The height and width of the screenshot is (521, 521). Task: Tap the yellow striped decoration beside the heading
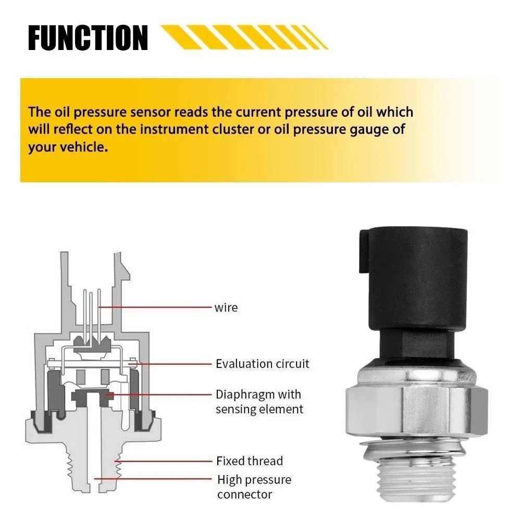click(245, 38)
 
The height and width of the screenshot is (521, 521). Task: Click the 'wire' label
click(226, 307)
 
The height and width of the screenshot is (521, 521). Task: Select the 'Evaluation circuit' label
click(262, 363)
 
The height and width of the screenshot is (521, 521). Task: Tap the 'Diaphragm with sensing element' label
click(259, 401)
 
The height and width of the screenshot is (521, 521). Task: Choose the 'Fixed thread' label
click(250, 461)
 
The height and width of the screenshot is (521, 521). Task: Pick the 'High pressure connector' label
click(254, 486)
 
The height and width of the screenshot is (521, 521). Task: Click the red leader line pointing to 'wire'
click(156, 307)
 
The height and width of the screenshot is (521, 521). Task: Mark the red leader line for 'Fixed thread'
click(167, 461)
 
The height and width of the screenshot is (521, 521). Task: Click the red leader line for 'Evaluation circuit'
click(172, 363)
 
